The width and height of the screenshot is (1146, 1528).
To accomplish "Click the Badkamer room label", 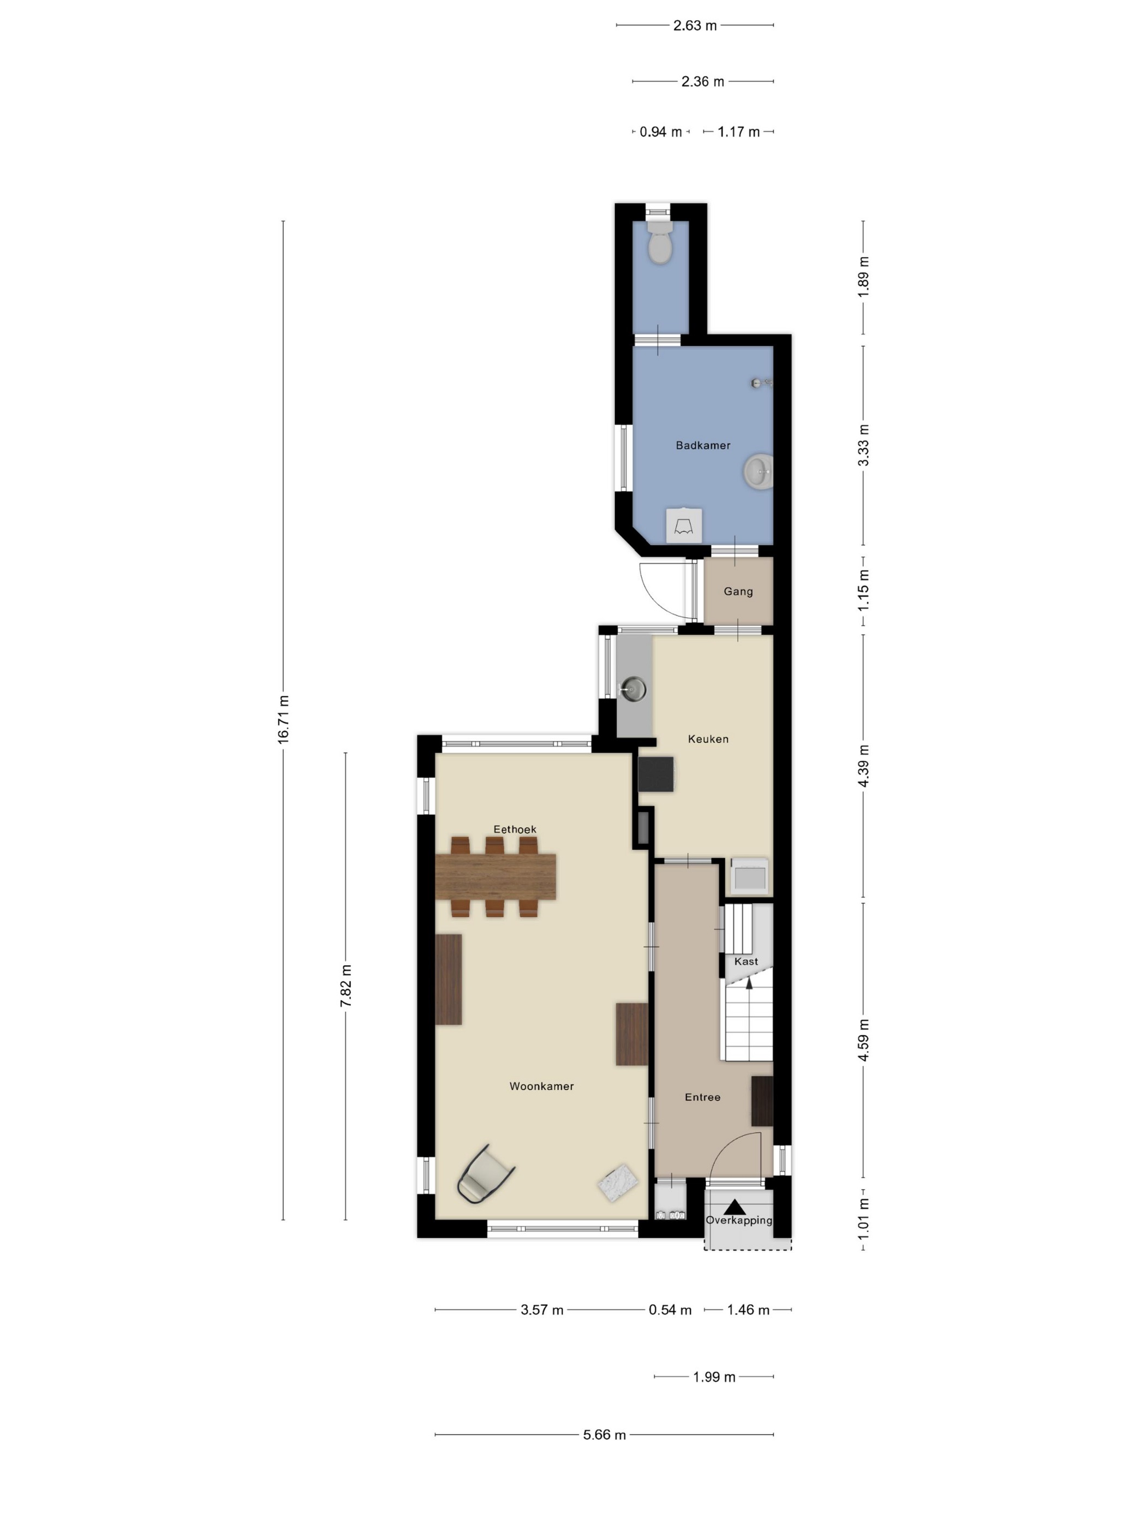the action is click(702, 445).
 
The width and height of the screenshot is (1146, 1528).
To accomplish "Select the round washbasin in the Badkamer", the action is click(758, 473).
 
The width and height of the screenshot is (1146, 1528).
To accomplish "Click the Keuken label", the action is click(708, 739).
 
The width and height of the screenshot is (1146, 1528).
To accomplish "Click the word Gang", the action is click(738, 592).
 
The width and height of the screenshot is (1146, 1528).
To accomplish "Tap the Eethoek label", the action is click(515, 829).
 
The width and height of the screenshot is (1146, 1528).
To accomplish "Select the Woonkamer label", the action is click(541, 1086).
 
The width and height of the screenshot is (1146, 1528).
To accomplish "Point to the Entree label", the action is click(702, 1097).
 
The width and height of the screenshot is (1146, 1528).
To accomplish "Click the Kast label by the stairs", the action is click(746, 962).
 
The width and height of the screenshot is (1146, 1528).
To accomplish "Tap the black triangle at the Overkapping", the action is click(735, 1208).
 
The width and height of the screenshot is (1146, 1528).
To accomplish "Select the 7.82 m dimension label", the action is click(346, 986).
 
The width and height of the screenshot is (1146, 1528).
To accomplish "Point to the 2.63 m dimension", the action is click(695, 26).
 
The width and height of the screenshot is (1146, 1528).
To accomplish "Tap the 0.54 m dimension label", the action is click(670, 1310).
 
